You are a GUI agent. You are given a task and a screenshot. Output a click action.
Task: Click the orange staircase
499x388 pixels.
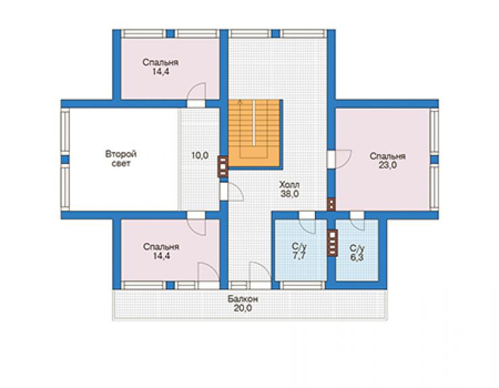(255, 133)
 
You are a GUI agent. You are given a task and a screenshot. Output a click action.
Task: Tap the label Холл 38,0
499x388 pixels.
(289, 189)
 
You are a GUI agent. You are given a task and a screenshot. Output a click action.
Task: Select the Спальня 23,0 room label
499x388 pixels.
(387, 161)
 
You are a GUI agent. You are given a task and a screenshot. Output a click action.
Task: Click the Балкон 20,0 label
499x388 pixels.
(243, 304)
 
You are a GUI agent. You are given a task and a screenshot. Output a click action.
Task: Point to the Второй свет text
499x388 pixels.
(121, 159)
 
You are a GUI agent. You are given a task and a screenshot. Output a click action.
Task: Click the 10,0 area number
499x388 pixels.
(200, 155)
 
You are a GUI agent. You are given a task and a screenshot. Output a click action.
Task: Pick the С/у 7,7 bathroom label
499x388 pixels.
(299, 251)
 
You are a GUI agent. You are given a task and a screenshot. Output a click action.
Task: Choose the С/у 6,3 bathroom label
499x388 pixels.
(357, 253)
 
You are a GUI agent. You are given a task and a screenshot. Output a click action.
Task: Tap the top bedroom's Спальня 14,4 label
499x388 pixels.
(160, 67)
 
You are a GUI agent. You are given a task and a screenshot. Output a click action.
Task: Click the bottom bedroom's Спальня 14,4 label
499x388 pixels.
(161, 251)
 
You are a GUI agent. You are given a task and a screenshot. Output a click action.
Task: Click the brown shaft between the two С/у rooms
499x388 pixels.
(332, 243)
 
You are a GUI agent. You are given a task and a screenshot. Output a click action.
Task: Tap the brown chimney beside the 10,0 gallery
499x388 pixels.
(223, 166)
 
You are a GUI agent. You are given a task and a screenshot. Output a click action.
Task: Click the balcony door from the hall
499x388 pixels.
(260, 276)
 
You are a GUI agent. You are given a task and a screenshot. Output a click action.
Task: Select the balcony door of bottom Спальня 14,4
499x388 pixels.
(208, 276)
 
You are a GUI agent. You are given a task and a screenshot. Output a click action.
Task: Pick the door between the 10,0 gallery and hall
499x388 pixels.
(232, 192)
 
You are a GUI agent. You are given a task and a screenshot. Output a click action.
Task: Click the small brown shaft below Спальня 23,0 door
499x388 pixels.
(331, 204)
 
